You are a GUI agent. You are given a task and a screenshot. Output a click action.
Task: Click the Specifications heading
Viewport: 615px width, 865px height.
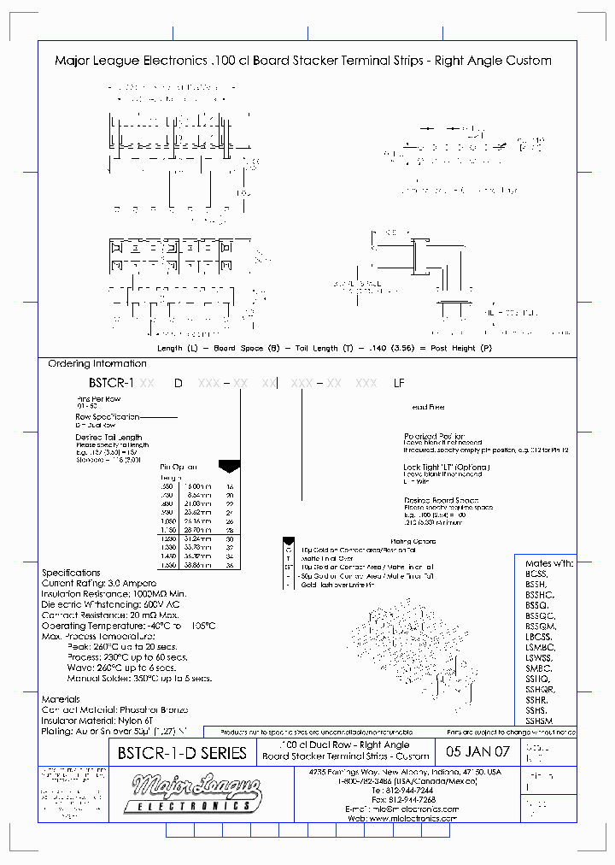(x=71, y=573)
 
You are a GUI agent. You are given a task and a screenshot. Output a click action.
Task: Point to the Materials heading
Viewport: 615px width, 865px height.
(x=61, y=698)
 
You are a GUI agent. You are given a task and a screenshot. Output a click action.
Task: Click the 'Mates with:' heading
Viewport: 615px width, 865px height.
(x=548, y=563)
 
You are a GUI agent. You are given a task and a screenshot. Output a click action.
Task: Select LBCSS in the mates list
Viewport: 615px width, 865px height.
(x=540, y=638)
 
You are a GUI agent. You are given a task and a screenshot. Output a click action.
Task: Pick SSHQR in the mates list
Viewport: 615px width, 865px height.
(x=541, y=689)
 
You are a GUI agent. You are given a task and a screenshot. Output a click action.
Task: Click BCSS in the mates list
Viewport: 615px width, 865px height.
(x=537, y=575)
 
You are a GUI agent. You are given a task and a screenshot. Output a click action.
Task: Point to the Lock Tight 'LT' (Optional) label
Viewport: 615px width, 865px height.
(x=446, y=467)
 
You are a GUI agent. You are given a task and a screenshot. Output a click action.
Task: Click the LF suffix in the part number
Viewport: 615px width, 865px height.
(x=399, y=384)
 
